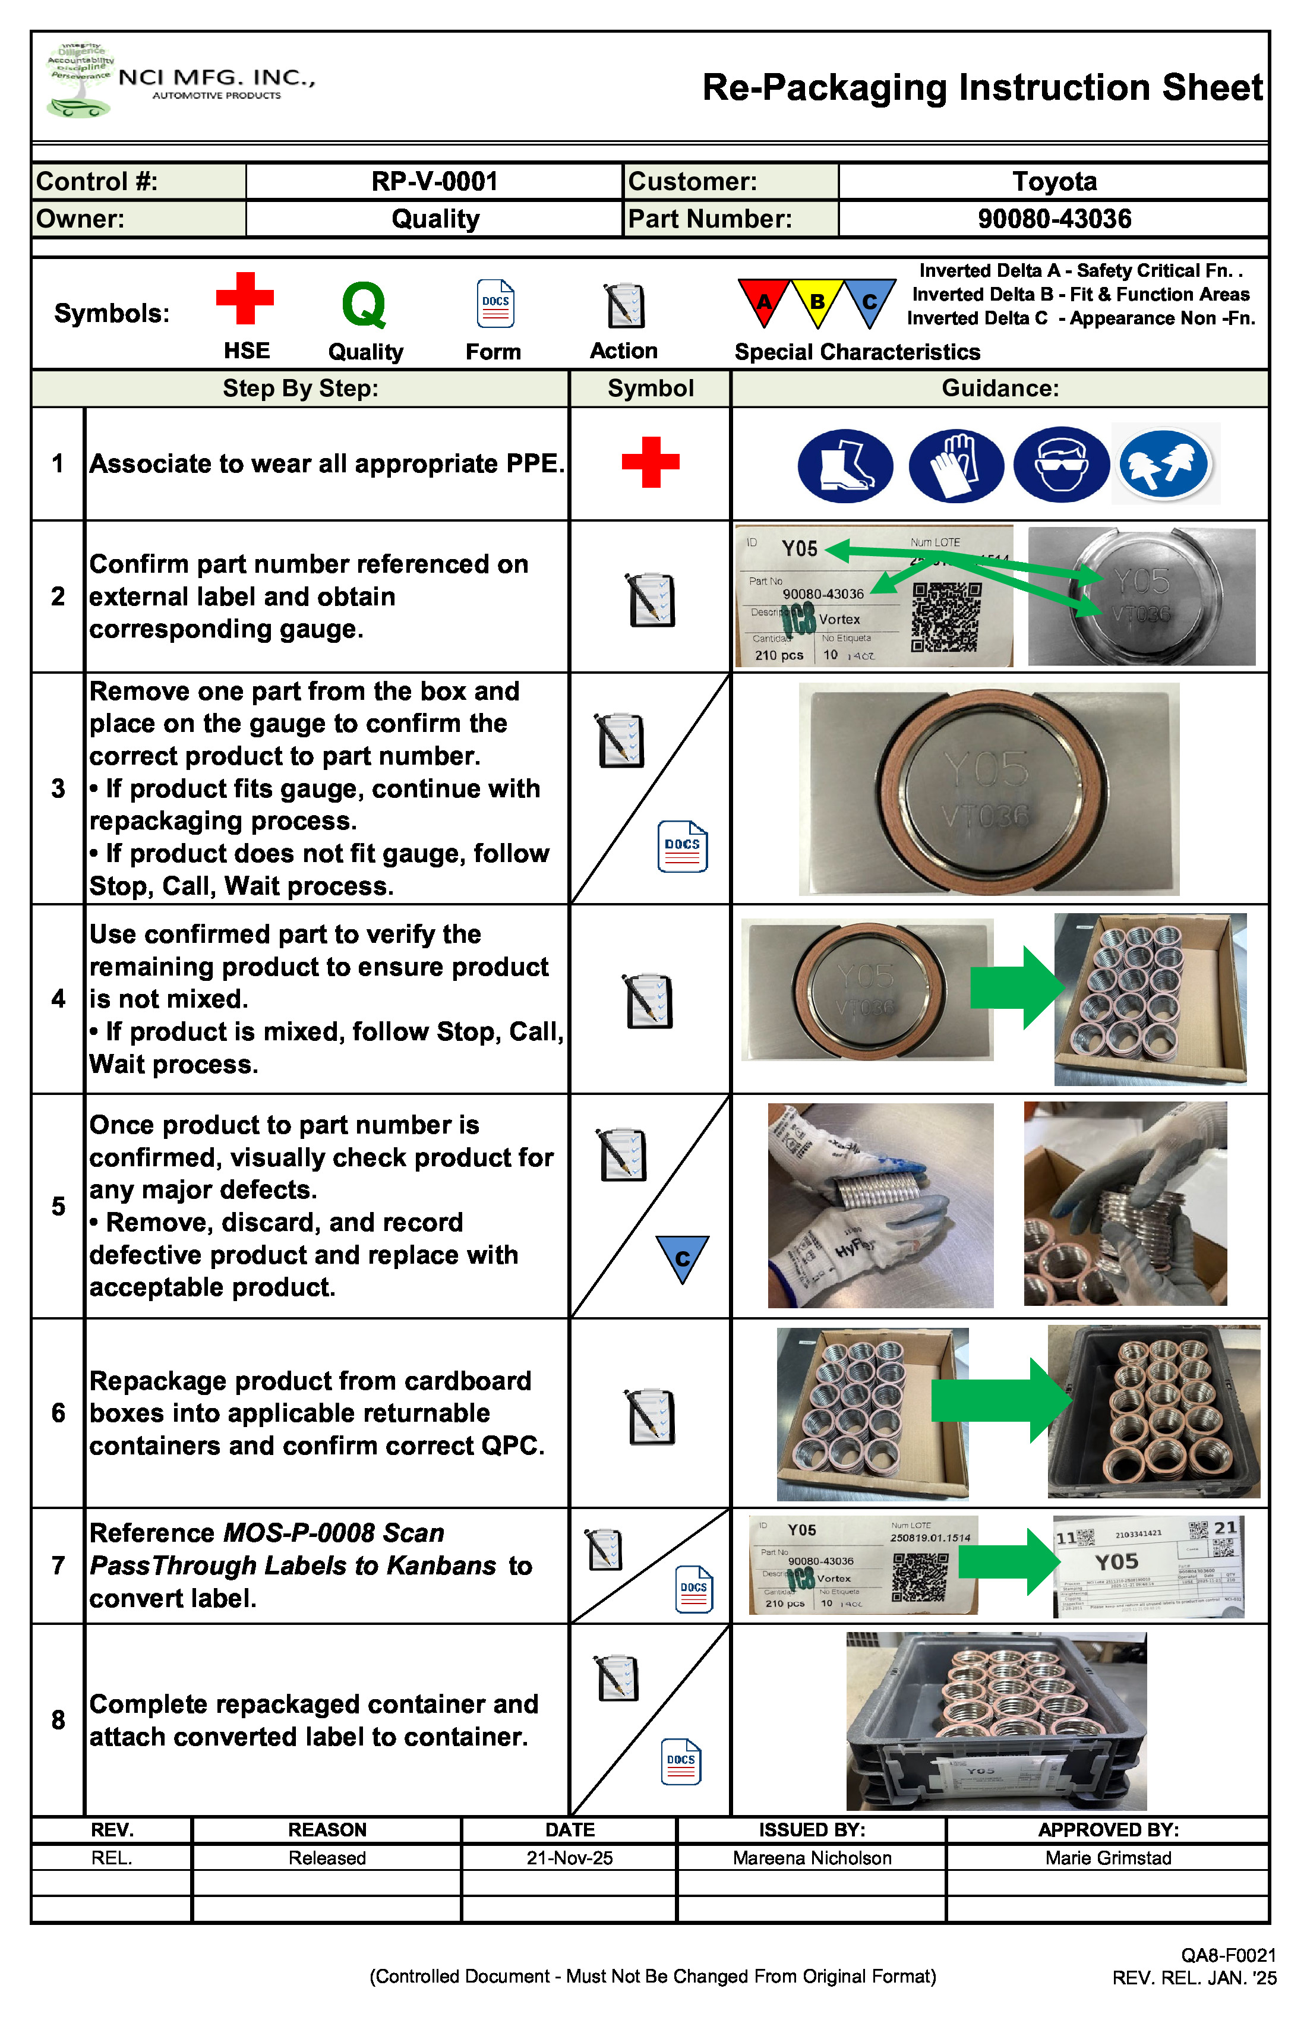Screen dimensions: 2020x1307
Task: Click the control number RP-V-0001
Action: (x=434, y=182)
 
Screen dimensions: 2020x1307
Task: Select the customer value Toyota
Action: (x=1053, y=182)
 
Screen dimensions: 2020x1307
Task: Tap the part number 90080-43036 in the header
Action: (x=1053, y=219)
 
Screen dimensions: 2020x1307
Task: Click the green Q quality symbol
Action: (x=364, y=305)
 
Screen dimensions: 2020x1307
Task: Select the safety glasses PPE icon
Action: (x=1061, y=465)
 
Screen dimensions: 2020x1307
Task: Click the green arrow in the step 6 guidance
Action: (x=1002, y=1400)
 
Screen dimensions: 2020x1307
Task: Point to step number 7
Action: (x=58, y=1565)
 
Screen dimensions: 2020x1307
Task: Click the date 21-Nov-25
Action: (x=570, y=1858)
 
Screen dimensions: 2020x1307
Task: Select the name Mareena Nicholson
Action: (x=812, y=1858)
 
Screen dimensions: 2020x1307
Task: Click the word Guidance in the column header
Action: (x=1000, y=389)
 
